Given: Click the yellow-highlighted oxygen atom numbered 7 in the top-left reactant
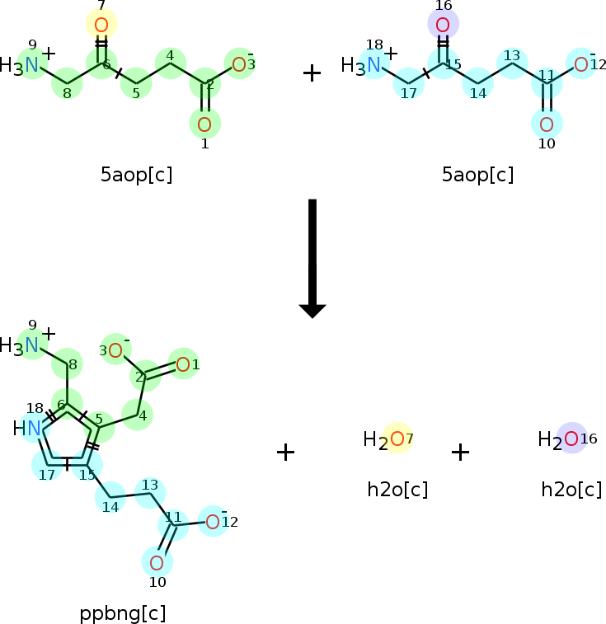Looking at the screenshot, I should tap(101, 25).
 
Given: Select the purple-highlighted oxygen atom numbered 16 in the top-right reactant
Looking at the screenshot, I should tap(443, 25).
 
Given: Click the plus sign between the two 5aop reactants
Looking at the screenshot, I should tap(312, 73).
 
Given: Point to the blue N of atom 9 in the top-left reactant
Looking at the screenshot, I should tap(31, 64).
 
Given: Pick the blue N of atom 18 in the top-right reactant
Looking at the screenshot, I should tap(373, 64).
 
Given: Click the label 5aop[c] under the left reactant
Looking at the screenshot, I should tap(136, 175).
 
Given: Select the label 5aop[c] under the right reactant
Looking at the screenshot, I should tap(477, 175).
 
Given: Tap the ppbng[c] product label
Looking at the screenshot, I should tap(123, 613).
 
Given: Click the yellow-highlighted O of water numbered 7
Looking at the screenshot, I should tap(397, 439).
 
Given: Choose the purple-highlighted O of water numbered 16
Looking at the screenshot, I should tap(571, 439).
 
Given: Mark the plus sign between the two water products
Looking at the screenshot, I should tap(460, 452).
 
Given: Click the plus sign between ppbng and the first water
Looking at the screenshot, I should tap(285, 452).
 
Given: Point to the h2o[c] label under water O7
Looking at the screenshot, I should tap(397, 490).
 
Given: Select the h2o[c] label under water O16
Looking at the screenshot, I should tap(571, 490).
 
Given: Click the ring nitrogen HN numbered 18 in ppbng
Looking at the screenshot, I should tap(33, 428).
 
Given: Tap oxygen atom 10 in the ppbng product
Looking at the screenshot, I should tap(157, 563).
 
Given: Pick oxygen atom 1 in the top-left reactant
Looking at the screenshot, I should tap(204, 124).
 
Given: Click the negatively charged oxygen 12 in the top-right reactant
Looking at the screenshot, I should tap(581, 64).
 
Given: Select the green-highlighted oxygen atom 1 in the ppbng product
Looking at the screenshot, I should tap(182, 364).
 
